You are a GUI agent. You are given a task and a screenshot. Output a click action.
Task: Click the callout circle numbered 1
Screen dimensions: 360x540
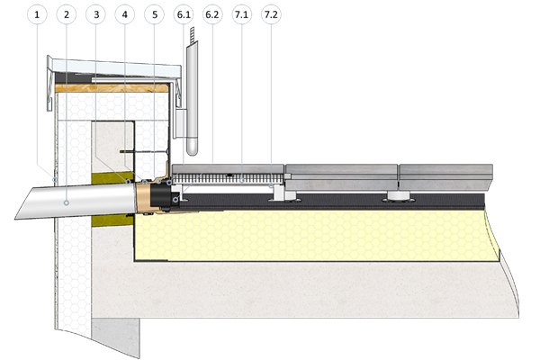coord(36,15)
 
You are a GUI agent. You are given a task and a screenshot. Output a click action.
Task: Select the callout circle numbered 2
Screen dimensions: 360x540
coord(66,15)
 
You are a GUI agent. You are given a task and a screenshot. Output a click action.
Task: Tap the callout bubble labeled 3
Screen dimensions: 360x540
coord(95,15)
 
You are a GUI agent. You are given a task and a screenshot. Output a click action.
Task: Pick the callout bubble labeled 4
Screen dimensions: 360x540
coord(125,15)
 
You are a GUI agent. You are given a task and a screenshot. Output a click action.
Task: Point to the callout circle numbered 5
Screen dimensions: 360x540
coord(155,15)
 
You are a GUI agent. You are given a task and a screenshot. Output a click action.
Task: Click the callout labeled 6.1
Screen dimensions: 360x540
coord(184,15)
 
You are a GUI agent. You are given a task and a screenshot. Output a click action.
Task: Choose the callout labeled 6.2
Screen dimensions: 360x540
coord(213,15)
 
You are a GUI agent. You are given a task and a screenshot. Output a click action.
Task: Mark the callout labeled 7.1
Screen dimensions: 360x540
coord(243,15)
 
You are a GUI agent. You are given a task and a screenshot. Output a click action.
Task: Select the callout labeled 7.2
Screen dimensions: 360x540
coord(271,15)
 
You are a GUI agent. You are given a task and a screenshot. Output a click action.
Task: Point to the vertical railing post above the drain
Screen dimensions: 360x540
coord(192,99)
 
